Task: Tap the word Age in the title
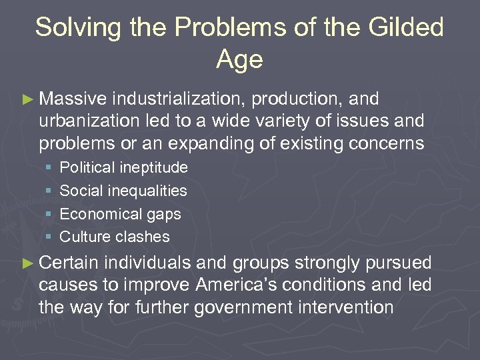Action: pos(239,60)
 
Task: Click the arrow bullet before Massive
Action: pos(27,99)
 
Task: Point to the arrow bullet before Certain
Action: pos(27,263)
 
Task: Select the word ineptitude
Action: pos(155,167)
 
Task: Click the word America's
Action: pos(237,285)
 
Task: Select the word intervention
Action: pos(355,307)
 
